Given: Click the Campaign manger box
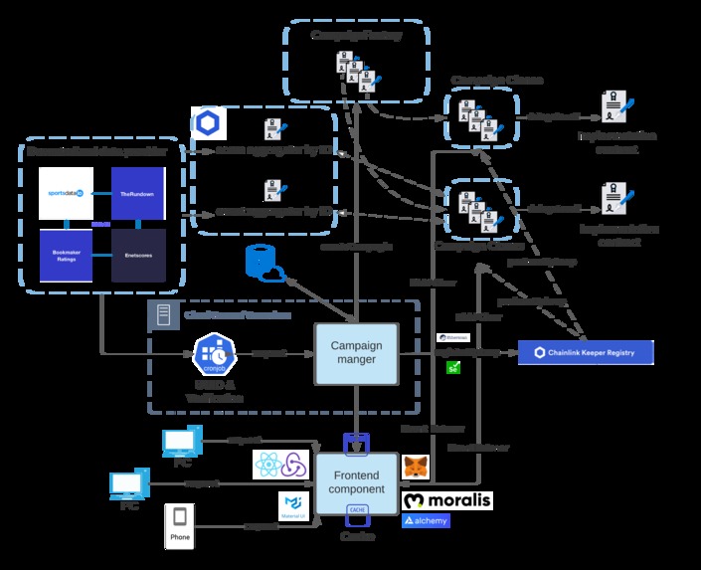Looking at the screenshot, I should (x=355, y=353).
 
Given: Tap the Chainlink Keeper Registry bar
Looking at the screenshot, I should (x=586, y=352).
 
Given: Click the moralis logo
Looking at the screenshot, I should (x=447, y=499).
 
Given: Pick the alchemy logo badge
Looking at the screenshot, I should (x=426, y=520).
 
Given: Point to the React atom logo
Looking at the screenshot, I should (x=268, y=464).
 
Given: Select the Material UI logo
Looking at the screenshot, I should (x=292, y=502).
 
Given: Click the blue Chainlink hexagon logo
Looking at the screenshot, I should (x=209, y=121).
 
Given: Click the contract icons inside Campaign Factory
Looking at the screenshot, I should (x=356, y=75).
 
